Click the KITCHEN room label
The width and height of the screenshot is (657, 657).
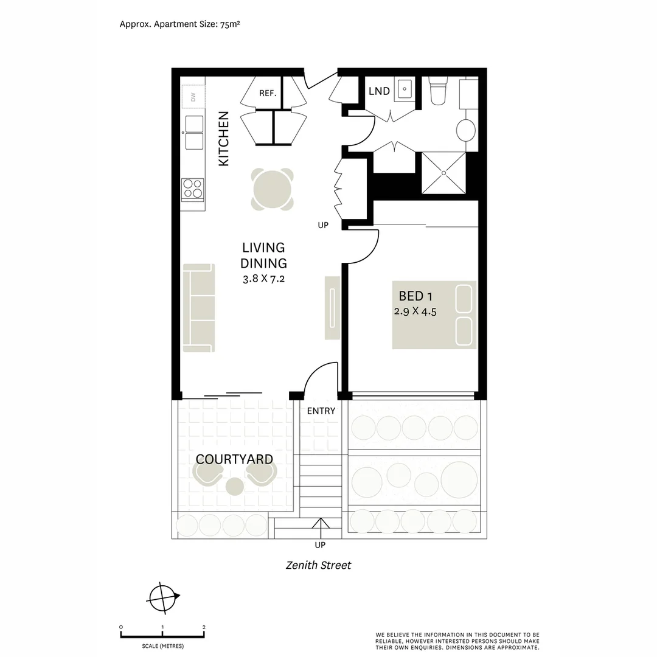tap(224, 139)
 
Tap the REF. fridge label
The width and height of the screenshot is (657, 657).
tap(268, 93)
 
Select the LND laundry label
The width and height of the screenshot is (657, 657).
tap(379, 91)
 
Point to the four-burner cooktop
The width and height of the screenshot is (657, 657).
tap(193, 188)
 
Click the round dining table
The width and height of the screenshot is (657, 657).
tap(273, 189)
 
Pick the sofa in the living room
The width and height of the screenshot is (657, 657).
tap(199, 308)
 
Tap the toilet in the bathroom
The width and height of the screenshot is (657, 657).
tap(438, 91)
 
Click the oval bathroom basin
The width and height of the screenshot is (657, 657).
tap(465, 130)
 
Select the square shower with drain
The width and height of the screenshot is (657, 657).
tap(443, 173)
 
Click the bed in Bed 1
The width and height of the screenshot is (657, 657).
tap(434, 315)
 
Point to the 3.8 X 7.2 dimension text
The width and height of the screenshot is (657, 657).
tap(263, 279)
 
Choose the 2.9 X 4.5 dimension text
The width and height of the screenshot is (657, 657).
tap(415, 311)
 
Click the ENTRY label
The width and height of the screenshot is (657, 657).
tap(321, 411)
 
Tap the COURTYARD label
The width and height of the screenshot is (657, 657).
tap(234, 459)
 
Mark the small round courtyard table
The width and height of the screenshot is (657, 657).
tap(235, 486)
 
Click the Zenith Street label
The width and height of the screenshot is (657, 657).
tap(318, 565)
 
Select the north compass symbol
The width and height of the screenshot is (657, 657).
tap(163, 598)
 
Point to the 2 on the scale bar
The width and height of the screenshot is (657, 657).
tap(204, 627)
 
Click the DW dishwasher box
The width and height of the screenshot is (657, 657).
tap(193, 97)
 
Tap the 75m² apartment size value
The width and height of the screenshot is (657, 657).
tap(230, 24)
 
